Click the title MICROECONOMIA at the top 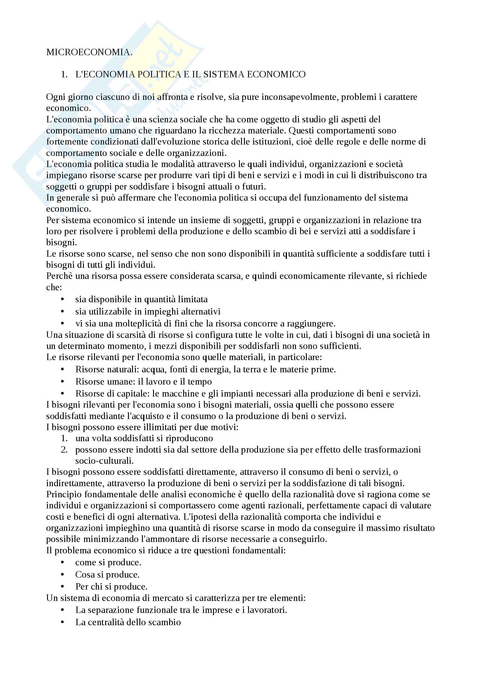(x=89, y=52)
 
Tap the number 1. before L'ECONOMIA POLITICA (x=64, y=74)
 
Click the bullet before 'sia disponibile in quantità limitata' (x=62, y=299)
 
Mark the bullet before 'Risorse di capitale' (x=62, y=394)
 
